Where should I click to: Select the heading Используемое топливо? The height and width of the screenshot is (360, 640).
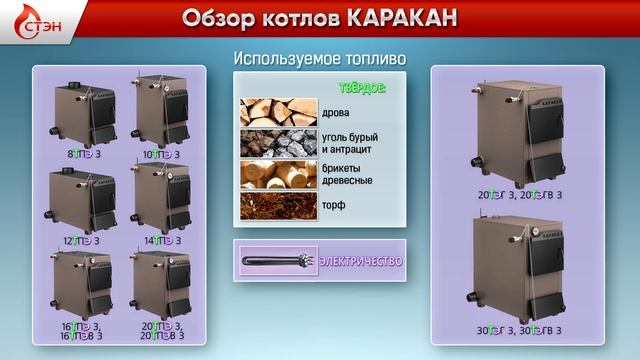point(319,59)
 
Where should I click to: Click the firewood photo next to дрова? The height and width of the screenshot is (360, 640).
point(277,112)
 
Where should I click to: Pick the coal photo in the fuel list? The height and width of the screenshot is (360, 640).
point(277,144)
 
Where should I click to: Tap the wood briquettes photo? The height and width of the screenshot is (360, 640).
point(277,176)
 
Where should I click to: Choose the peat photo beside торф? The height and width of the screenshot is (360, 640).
point(277,207)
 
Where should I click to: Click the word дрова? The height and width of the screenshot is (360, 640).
point(338,113)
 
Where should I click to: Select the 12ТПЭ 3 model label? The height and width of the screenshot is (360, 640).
point(83,241)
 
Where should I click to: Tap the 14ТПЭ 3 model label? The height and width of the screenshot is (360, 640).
point(161,241)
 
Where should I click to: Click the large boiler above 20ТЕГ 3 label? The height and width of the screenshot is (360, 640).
point(518,130)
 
